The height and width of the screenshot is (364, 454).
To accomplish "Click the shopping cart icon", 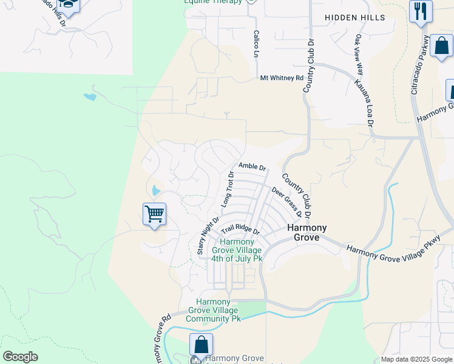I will tap(155, 214).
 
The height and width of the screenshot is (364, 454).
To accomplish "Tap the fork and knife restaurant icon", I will tap(421, 11).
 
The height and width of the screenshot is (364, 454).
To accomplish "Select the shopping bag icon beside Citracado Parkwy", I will tap(441, 45).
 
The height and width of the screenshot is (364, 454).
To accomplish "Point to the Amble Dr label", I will tap(252, 166).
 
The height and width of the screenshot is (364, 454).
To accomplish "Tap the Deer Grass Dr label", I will tap(286, 202).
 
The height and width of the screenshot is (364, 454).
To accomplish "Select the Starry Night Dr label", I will tap(208, 235).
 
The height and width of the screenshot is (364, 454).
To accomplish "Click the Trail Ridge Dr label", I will tap(240, 231).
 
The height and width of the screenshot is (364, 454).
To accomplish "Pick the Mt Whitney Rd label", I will tap(282, 78).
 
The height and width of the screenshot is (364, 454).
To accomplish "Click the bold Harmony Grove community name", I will tap(307, 232).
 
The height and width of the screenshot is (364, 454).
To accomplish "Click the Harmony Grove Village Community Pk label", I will tap(213, 310).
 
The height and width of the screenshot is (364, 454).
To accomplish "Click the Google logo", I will tap(20, 357).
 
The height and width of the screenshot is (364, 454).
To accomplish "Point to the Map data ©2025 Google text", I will tap(416, 359).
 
